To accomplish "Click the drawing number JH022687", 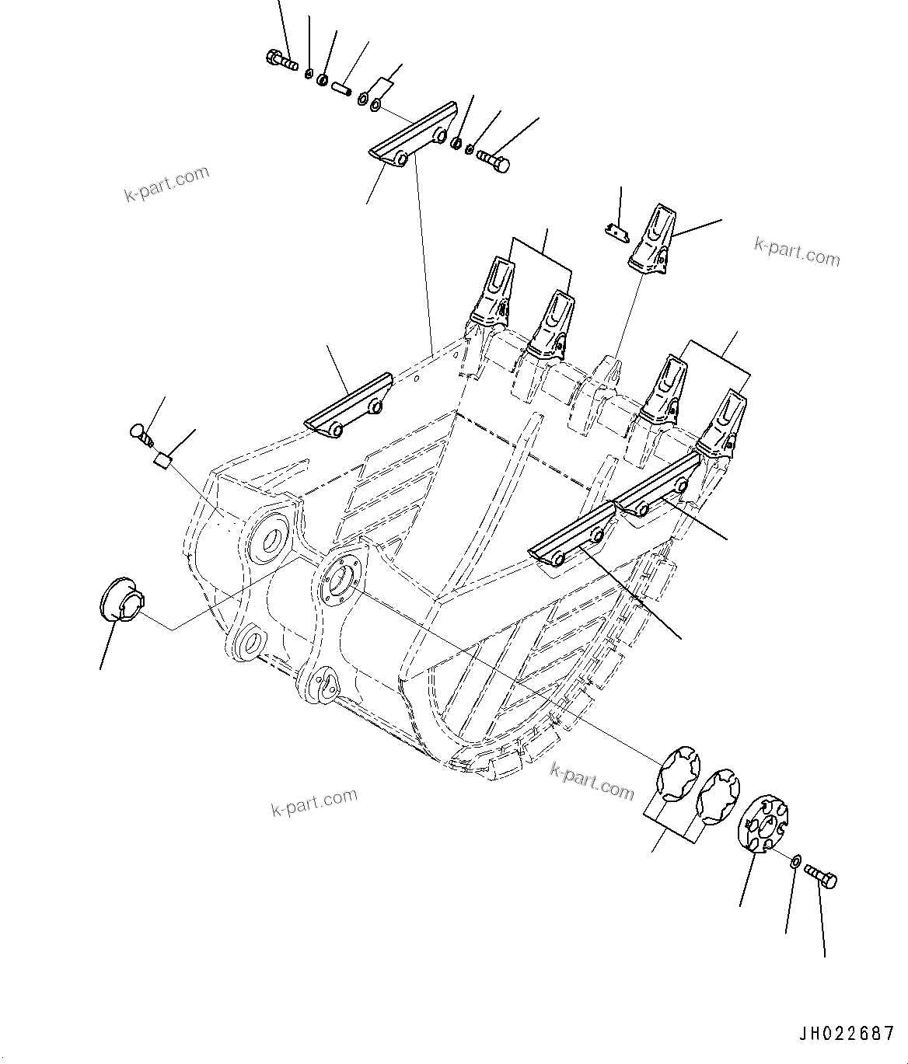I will (846, 1034).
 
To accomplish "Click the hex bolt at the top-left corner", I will (281, 59).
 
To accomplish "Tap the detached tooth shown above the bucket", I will (650, 240).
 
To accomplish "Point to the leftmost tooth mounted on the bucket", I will (491, 295).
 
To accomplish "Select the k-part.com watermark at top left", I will (167, 183).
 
